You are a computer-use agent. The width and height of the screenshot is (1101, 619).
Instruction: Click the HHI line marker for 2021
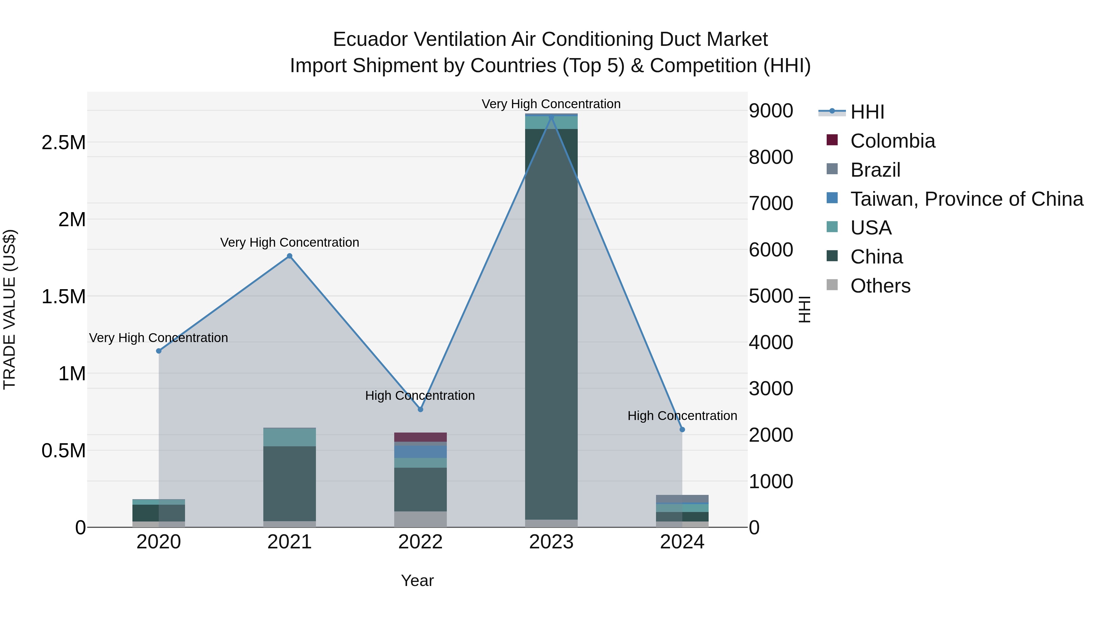click(289, 256)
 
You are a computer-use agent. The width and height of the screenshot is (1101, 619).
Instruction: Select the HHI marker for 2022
click(420, 409)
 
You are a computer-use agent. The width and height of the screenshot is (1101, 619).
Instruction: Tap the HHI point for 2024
click(682, 429)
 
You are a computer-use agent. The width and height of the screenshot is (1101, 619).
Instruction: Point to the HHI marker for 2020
click(158, 351)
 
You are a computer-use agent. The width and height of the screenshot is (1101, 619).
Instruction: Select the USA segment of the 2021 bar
click(289, 437)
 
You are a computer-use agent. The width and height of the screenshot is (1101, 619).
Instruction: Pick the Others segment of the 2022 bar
click(420, 519)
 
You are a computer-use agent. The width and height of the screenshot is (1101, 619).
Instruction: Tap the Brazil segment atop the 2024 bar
click(682, 499)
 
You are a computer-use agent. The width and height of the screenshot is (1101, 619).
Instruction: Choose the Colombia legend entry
click(892, 141)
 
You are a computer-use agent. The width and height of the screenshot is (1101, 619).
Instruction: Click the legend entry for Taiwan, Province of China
click(966, 199)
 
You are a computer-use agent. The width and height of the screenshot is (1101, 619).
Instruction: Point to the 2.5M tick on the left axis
click(64, 143)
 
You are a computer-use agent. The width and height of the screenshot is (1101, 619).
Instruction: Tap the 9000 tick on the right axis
click(771, 111)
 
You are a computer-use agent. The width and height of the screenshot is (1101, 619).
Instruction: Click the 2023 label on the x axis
click(551, 542)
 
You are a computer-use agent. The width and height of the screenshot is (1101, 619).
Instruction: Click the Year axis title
click(417, 580)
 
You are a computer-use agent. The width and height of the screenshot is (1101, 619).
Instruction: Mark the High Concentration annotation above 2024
click(682, 416)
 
